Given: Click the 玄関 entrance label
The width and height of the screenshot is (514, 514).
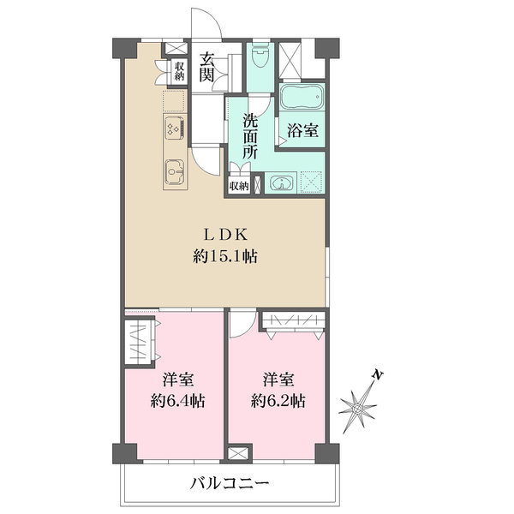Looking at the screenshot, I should tap(207, 68).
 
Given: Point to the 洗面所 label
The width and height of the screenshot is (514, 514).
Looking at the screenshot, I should tap(250, 135).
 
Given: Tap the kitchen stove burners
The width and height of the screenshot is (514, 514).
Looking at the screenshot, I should tap(171, 129).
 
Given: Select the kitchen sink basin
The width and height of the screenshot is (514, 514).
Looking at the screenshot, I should tap(172, 171).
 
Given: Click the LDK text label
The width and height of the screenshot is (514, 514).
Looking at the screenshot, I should tap(224, 233).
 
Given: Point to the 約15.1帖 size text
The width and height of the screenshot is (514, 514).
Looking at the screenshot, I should tap(224, 254).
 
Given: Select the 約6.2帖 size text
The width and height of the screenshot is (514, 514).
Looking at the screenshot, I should tap(278, 400).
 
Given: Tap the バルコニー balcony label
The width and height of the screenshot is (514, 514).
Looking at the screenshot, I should tap(230, 485).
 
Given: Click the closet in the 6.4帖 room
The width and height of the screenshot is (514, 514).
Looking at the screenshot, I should tap(140, 342).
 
